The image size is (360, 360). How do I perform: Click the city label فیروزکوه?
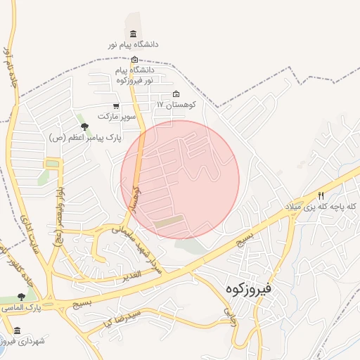[259, 288]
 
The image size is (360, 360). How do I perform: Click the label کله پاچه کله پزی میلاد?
[321, 207]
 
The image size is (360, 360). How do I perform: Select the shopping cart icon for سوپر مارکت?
[105, 106]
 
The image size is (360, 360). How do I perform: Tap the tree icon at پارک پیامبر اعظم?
[85, 127]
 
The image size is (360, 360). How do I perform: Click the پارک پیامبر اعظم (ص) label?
[85, 138]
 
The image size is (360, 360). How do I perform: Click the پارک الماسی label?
[21, 309]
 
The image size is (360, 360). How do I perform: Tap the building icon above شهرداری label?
[17, 330]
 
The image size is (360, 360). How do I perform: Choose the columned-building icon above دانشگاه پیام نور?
[134, 34]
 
